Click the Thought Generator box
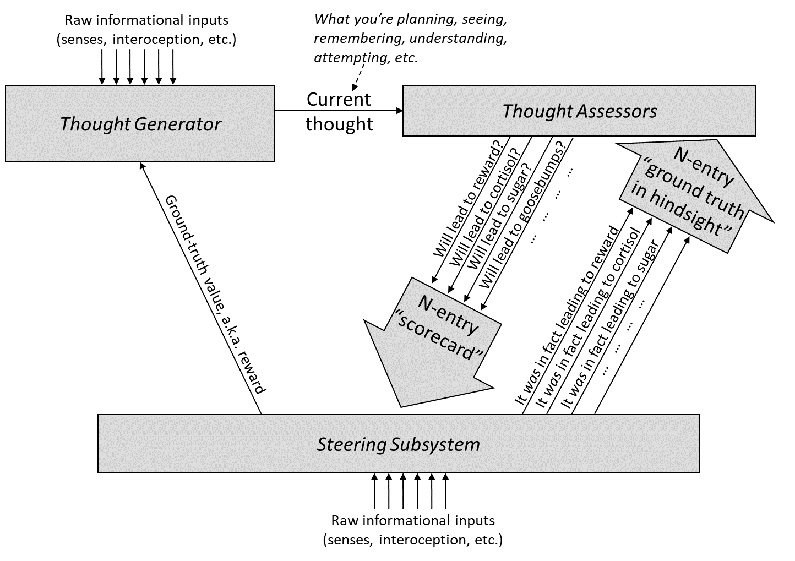140,123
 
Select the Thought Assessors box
579,111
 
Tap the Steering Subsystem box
398,444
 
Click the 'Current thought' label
339,112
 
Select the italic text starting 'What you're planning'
410,38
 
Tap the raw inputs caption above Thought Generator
146,30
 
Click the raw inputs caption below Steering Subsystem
412,530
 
